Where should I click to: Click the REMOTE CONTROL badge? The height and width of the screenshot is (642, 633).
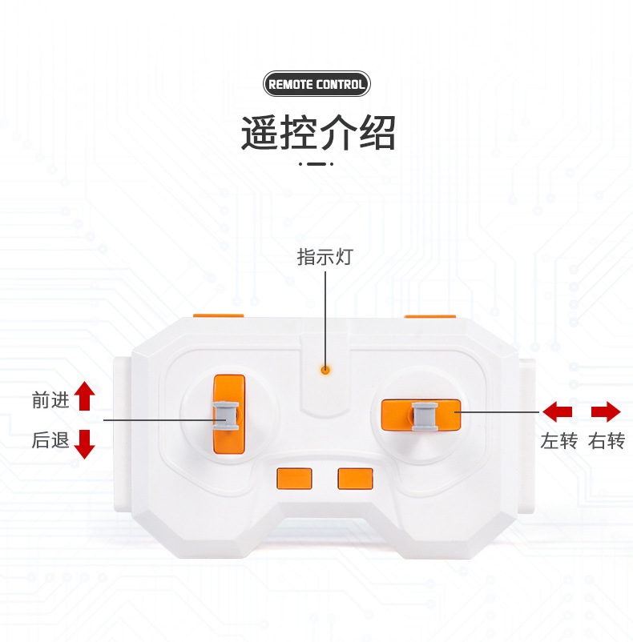tap(316, 84)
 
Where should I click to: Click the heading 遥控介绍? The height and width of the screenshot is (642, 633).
tap(318, 133)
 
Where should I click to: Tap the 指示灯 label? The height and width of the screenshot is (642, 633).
tap(325, 258)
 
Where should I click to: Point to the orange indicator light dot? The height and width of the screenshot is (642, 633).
tap(325, 370)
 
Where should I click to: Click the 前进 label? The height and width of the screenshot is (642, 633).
tap(50, 401)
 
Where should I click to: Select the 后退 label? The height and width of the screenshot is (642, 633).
tap(50, 440)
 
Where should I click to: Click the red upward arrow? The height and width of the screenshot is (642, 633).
tap(85, 396)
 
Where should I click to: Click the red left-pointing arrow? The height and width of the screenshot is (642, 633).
tap(558, 412)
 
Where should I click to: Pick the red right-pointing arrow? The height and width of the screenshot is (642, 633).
tap(606, 412)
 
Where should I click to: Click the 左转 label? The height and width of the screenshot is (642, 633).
tap(558, 441)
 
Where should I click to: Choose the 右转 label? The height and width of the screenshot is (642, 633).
tap(606, 441)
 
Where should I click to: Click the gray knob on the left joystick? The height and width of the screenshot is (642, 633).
tap(227, 415)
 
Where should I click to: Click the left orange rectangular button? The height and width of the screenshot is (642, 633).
tap(293, 478)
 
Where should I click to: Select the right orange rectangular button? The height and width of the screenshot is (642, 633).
tap(355, 478)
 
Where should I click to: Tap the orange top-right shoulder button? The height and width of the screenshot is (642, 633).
tap(429, 316)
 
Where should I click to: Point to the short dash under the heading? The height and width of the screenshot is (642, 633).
tap(316, 164)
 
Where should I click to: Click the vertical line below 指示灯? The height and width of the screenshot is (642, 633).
tap(325, 316)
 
